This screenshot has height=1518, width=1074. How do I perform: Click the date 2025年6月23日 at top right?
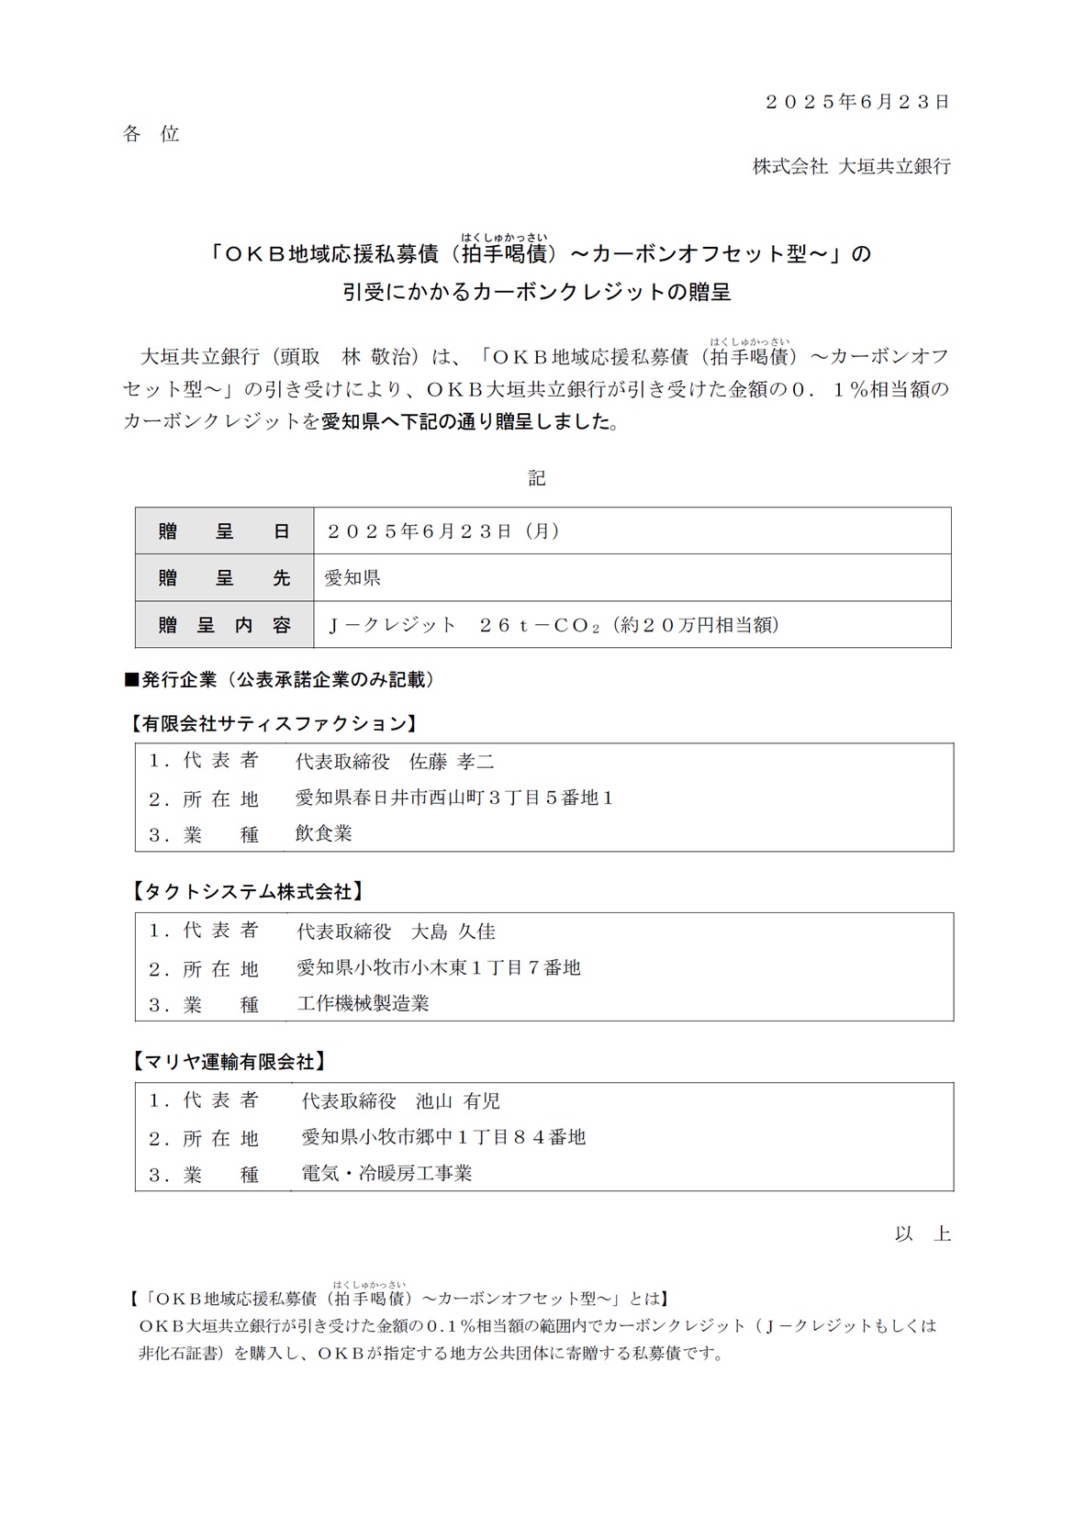pos(857,102)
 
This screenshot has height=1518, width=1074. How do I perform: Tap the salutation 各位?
pos(151,134)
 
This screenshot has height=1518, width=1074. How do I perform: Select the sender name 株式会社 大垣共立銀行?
pos(851,166)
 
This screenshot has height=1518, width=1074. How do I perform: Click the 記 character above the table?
pos(537,478)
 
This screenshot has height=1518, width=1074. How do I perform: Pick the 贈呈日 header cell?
pos(224,531)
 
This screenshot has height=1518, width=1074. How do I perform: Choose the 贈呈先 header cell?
pos(224,578)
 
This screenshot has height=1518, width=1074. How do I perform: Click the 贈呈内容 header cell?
pos(224,625)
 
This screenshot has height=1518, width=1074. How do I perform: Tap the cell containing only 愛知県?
pos(352,578)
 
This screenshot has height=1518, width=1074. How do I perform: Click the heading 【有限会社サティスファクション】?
pos(273,724)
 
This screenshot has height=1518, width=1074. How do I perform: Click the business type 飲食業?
pos(323,833)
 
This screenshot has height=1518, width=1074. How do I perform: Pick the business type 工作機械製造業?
pos(363,1003)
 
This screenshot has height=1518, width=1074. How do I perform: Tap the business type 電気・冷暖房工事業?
pos(386,1173)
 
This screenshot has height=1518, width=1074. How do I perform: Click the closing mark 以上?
pos(923,1233)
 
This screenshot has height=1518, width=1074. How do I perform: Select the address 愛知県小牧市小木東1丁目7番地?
pos(439,967)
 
